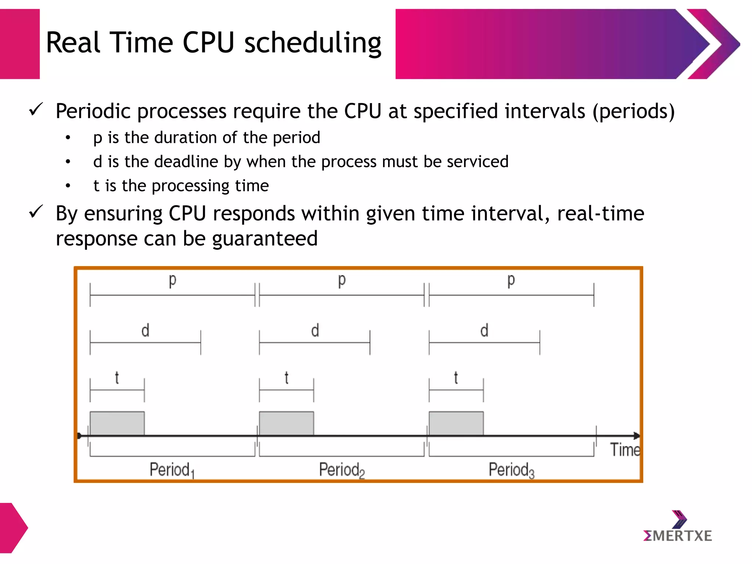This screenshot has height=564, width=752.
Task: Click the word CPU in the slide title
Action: tap(208, 43)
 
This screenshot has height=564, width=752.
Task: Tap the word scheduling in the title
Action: tap(313, 43)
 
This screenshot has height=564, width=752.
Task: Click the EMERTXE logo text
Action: tap(677, 536)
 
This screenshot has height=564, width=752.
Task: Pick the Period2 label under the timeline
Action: tap(341, 470)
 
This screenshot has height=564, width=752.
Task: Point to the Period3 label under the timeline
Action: tap(511, 470)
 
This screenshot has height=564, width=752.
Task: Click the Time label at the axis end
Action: tap(625, 450)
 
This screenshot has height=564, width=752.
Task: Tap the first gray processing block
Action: tap(117, 423)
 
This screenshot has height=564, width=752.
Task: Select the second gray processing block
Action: tap(286, 423)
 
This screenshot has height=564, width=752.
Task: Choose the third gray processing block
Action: tap(456, 423)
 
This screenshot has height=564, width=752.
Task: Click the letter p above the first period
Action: tap(172, 281)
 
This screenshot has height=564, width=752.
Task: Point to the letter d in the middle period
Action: tap(315, 330)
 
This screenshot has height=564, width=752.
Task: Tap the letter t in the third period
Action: tap(456, 377)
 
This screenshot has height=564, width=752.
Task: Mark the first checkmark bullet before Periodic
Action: tap(36, 109)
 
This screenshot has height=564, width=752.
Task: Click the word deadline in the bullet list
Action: tap(186, 162)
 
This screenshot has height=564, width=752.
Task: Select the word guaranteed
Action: tap(265, 239)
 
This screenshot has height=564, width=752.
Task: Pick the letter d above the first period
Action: tap(145, 330)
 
